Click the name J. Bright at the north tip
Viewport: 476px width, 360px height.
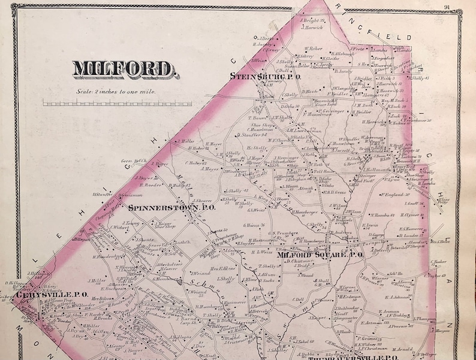pyautogui.click(x=312, y=20)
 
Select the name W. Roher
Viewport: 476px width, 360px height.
pyautogui.click(x=314, y=49)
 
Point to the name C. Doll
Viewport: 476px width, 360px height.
pyautogui.click(x=298, y=299)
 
